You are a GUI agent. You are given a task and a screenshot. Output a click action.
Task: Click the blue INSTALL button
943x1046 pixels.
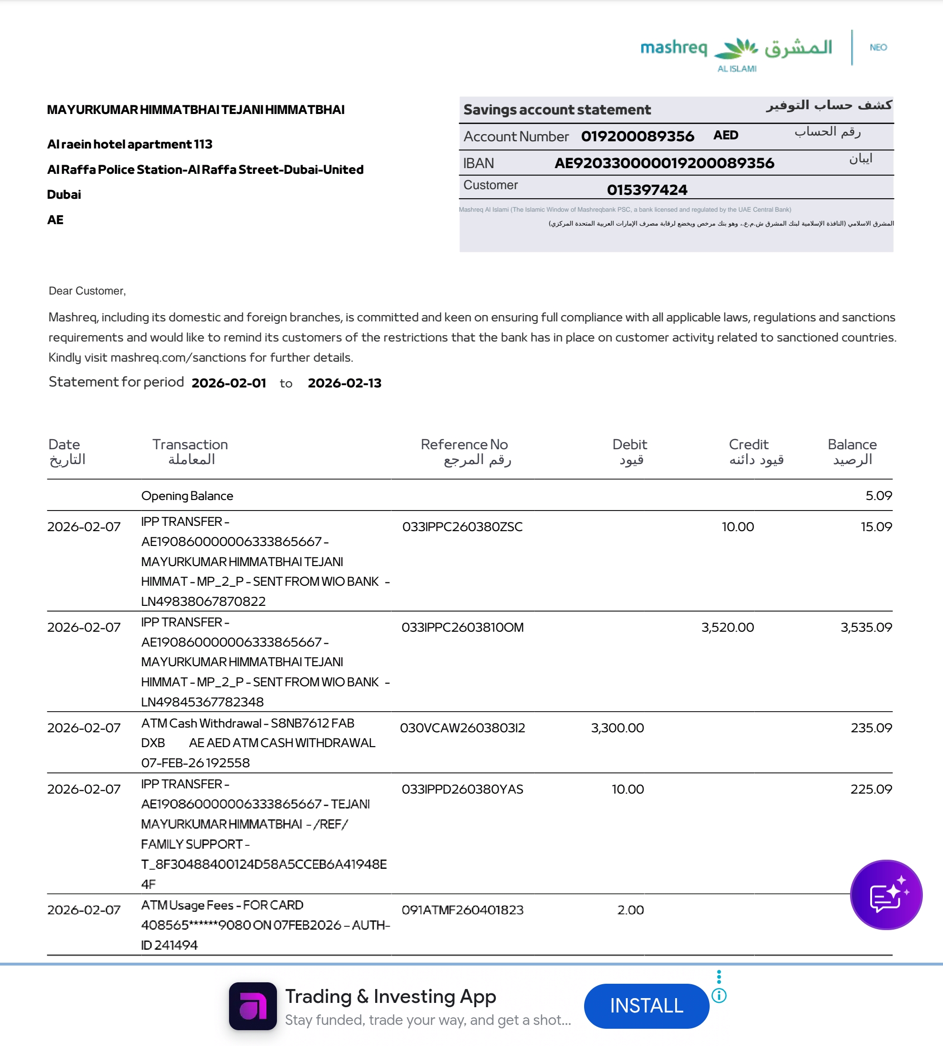click(x=646, y=1005)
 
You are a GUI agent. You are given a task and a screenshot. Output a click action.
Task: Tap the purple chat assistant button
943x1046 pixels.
click(x=886, y=894)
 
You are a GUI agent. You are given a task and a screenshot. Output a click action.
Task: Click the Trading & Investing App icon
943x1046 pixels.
click(x=253, y=1006)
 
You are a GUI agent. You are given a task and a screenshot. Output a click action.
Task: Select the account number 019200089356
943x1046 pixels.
click(x=637, y=136)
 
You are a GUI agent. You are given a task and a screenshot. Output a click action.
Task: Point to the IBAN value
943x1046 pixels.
click(x=664, y=163)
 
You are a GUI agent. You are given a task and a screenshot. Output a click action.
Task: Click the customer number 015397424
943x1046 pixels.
click(x=647, y=190)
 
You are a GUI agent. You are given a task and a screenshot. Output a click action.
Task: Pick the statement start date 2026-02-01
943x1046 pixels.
click(x=229, y=383)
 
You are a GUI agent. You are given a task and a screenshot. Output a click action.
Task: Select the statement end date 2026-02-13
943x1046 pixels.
click(x=345, y=383)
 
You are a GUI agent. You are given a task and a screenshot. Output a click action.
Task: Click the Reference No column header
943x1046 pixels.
click(x=464, y=445)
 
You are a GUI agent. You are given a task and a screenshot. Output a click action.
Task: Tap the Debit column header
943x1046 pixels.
click(x=630, y=445)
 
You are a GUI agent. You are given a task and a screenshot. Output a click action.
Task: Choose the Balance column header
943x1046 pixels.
click(x=852, y=445)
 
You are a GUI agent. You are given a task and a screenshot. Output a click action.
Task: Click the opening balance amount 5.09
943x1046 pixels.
click(x=878, y=496)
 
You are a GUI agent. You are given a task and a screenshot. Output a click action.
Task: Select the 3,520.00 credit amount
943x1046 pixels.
click(x=727, y=627)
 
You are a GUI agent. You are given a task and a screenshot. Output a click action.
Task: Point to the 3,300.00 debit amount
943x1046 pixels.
click(x=617, y=728)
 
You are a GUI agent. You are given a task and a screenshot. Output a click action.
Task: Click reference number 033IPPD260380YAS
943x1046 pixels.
click(x=462, y=789)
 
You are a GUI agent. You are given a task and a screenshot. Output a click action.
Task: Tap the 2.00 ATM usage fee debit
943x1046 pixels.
click(x=630, y=910)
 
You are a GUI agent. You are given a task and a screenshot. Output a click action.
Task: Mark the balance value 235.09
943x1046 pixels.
click(x=871, y=728)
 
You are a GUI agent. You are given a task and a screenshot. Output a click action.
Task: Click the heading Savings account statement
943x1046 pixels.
click(x=557, y=110)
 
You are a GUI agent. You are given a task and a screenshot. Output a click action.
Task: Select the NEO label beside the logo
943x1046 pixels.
click(x=878, y=47)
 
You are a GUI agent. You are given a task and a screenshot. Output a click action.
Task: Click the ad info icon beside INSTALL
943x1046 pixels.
click(x=719, y=995)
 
